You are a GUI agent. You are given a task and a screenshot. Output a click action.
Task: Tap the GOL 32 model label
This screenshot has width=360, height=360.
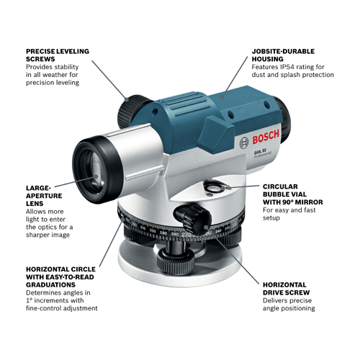click(247, 152)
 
